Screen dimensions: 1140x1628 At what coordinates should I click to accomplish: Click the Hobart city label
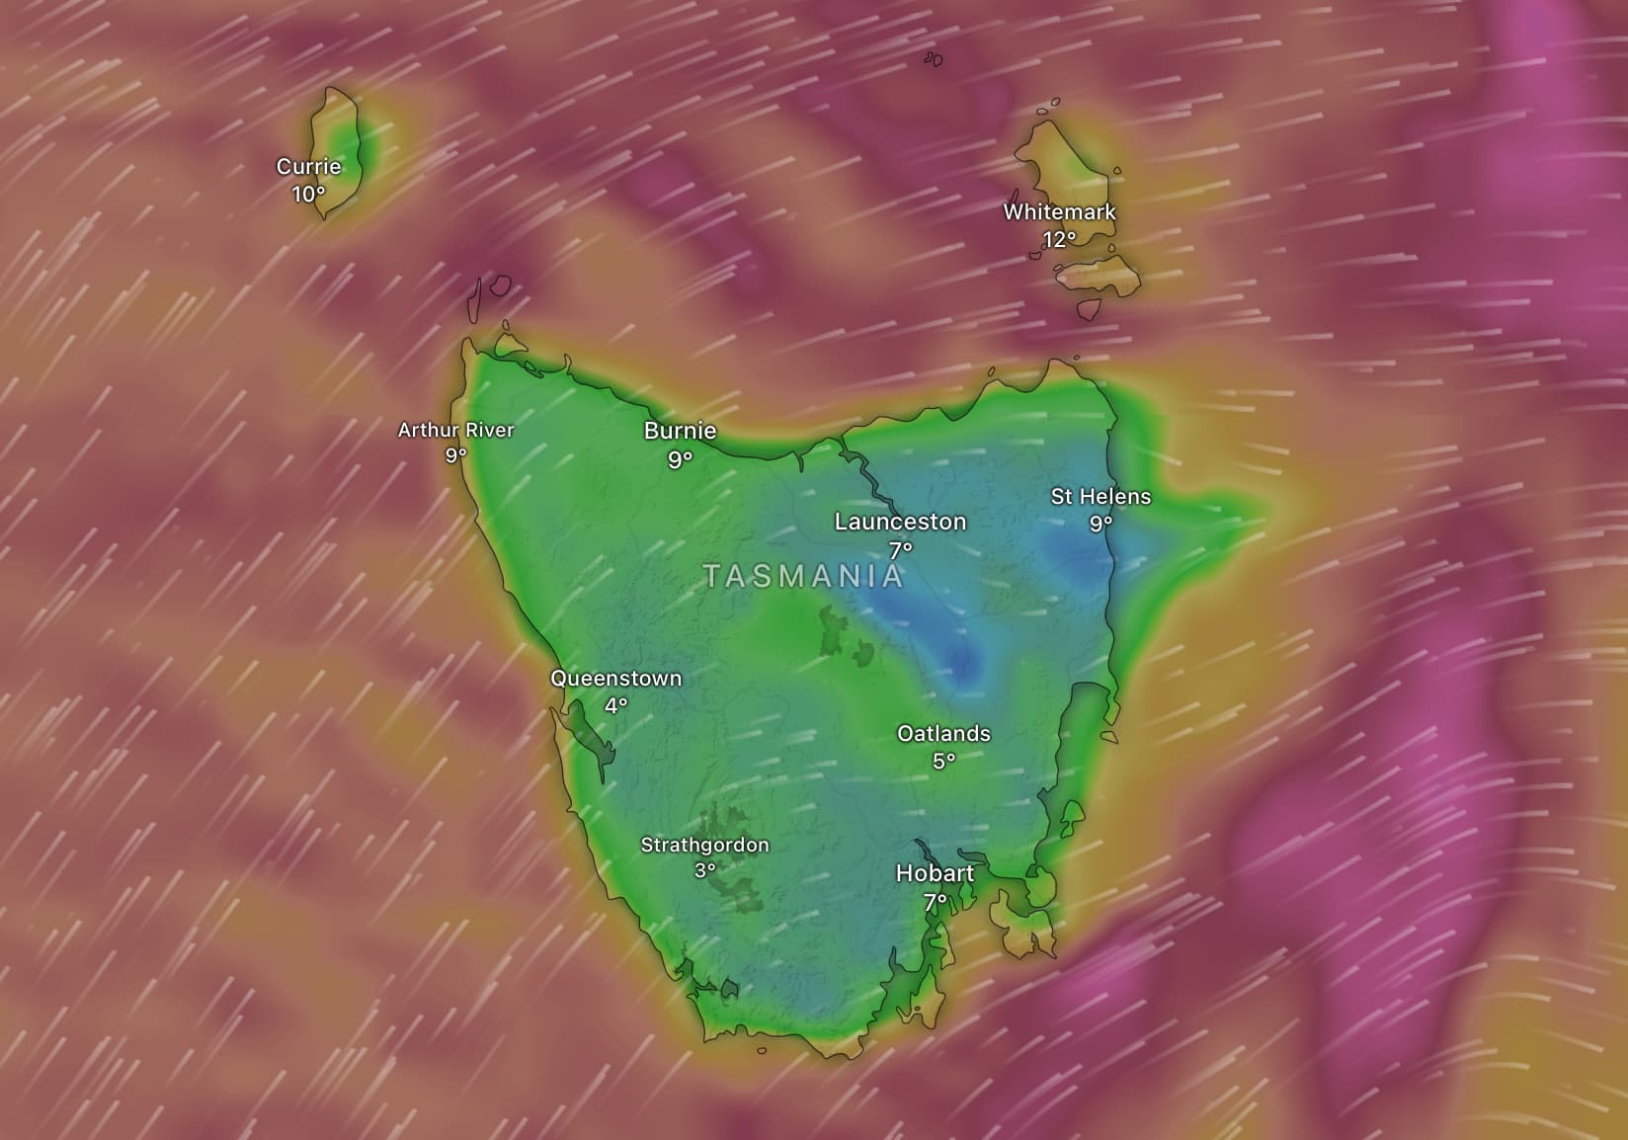tap(935, 873)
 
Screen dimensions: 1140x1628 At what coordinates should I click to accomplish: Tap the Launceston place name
tap(900, 522)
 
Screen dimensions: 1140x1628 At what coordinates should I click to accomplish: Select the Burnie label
tap(680, 431)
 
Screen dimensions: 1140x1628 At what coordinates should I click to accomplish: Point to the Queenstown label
tap(615, 679)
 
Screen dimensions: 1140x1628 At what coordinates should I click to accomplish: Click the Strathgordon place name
tap(704, 845)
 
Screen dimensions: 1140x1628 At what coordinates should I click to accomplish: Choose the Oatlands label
tap(943, 734)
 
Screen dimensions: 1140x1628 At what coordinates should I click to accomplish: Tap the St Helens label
tap(1100, 496)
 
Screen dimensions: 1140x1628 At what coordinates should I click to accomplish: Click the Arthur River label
tap(455, 430)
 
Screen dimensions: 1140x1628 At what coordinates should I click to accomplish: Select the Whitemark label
tap(1059, 211)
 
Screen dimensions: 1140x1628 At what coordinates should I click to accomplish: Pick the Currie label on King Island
tap(308, 167)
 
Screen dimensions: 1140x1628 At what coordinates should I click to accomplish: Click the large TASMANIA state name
tap(803, 576)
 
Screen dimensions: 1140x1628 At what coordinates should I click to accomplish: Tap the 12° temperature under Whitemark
tap(1059, 239)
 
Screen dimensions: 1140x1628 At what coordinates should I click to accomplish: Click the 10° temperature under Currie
tap(308, 194)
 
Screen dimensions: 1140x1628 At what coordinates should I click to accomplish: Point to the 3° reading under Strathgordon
tap(704, 871)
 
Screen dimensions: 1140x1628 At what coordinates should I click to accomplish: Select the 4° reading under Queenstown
tap(615, 705)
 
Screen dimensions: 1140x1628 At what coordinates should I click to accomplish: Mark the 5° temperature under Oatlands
tap(943, 761)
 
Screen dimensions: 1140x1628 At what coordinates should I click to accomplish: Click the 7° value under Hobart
tap(935, 901)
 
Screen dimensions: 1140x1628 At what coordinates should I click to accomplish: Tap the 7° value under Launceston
tap(900, 549)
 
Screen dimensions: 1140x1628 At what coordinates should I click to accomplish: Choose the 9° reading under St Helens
tap(1100, 523)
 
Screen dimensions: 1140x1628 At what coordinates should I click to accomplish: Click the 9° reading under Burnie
tap(680, 458)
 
